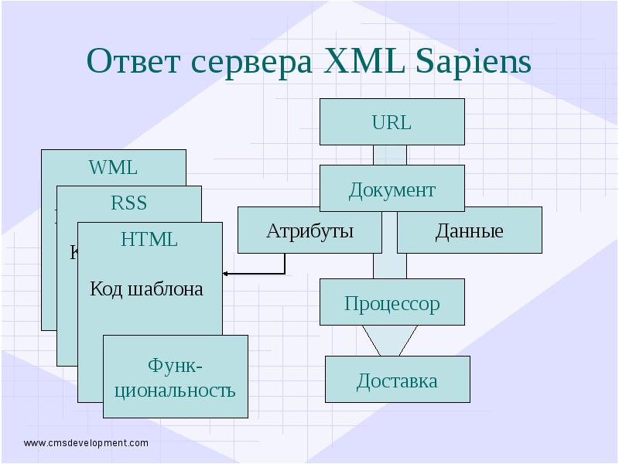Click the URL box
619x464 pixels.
392,122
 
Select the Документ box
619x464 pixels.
392,189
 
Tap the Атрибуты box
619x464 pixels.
309,230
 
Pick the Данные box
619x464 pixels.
469,230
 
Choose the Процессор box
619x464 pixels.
392,302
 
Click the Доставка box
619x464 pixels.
397,380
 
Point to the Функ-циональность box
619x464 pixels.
175,377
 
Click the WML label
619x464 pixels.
113,167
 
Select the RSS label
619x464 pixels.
128,203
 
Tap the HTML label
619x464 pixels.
149,240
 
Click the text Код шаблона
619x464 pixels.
147,289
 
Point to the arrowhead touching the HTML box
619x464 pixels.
226,274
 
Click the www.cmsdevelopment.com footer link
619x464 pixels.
86,443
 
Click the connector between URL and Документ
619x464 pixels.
389,155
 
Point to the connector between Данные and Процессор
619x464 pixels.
389,266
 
